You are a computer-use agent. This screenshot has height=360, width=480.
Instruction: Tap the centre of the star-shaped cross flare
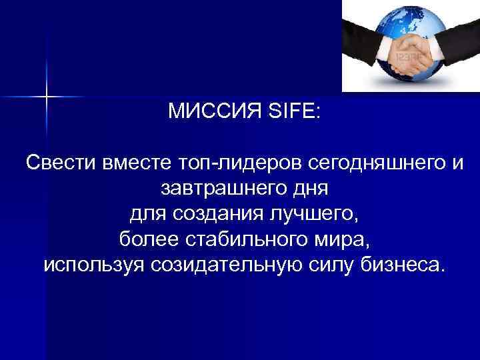(47, 97)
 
